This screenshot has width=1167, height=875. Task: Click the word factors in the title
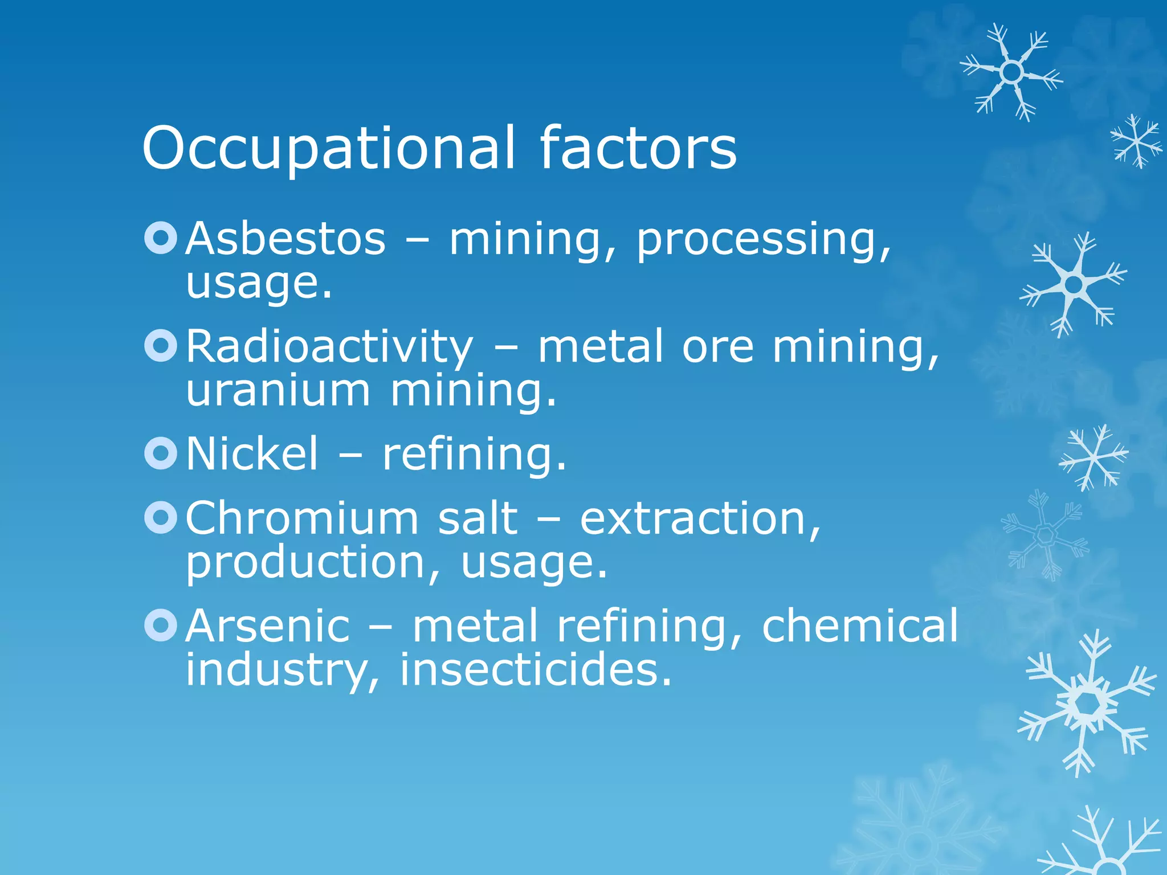pyautogui.click(x=638, y=148)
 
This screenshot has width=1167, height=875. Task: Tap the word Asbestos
pyautogui.click(x=285, y=239)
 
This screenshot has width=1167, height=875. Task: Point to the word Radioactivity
pyautogui.click(x=329, y=347)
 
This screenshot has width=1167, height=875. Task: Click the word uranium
pyautogui.click(x=278, y=391)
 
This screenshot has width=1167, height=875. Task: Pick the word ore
pyautogui.click(x=718, y=347)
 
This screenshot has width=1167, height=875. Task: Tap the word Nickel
pyautogui.click(x=252, y=454)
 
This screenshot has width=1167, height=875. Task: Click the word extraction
pyautogui.click(x=700, y=519)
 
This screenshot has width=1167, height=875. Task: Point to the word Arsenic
pyautogui.click(x=268, y=626)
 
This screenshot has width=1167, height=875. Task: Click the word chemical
pyautogui.click(x=860, y=626)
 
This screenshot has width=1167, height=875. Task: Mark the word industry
pyautogui.click(x=282, y=671)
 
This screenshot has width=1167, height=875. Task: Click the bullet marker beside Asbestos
pyautogui.click(x=161, y=238)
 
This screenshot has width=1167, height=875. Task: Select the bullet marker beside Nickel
pyautogui.click(x=161, y=453)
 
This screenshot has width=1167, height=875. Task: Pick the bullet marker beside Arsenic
pyautogui.click(x=161, y=625)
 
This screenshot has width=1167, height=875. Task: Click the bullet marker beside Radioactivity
pyautogui.click(x=161, y=346)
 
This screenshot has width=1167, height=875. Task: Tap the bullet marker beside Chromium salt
pyautogui.click(x=161, y=517)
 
